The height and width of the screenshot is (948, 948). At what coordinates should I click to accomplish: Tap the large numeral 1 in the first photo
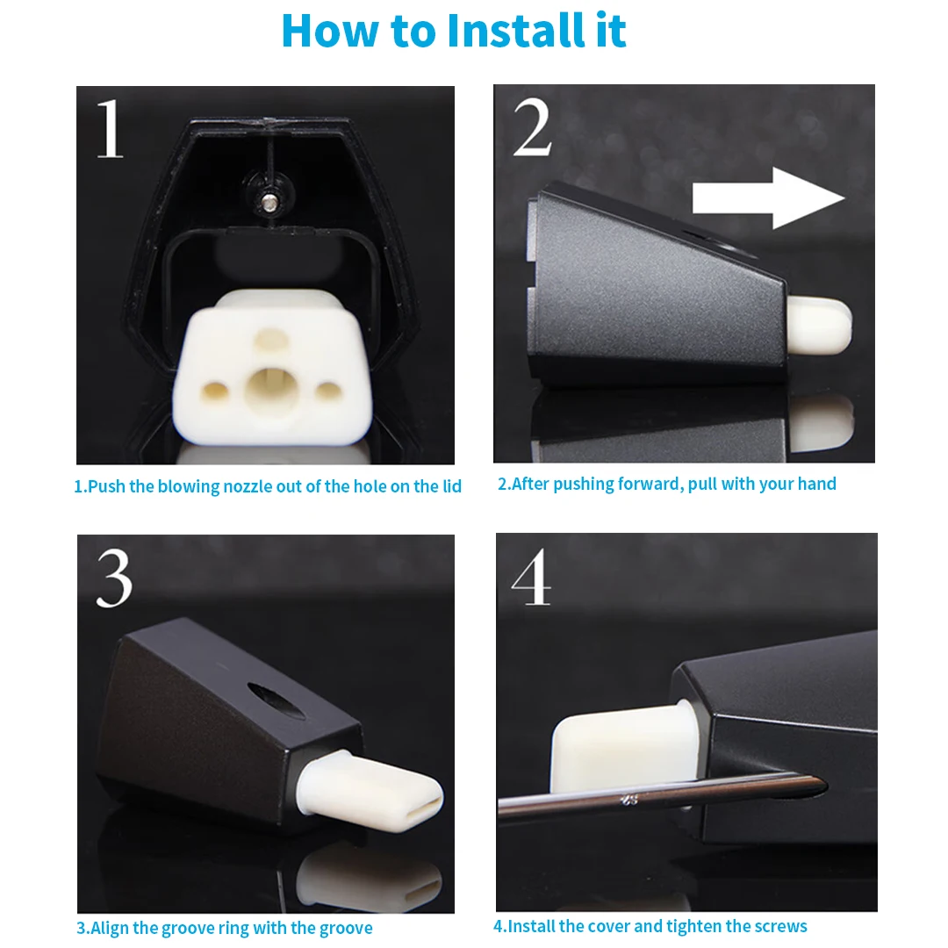[x=110, y=128]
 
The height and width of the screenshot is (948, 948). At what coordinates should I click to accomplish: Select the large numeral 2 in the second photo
[x=532, y=127]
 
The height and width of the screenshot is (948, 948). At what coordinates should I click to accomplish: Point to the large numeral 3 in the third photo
[x=113, y=578]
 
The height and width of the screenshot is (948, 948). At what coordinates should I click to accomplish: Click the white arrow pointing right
[x=768, y=198]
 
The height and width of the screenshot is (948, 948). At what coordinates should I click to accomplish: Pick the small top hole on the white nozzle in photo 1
[x=271, y=338]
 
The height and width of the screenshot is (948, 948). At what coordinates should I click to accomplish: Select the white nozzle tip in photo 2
[x=820, y=325]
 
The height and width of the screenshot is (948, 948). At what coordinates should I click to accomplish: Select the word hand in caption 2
[x=819, y=484]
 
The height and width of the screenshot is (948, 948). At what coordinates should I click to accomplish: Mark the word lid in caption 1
[x=451, y=486]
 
